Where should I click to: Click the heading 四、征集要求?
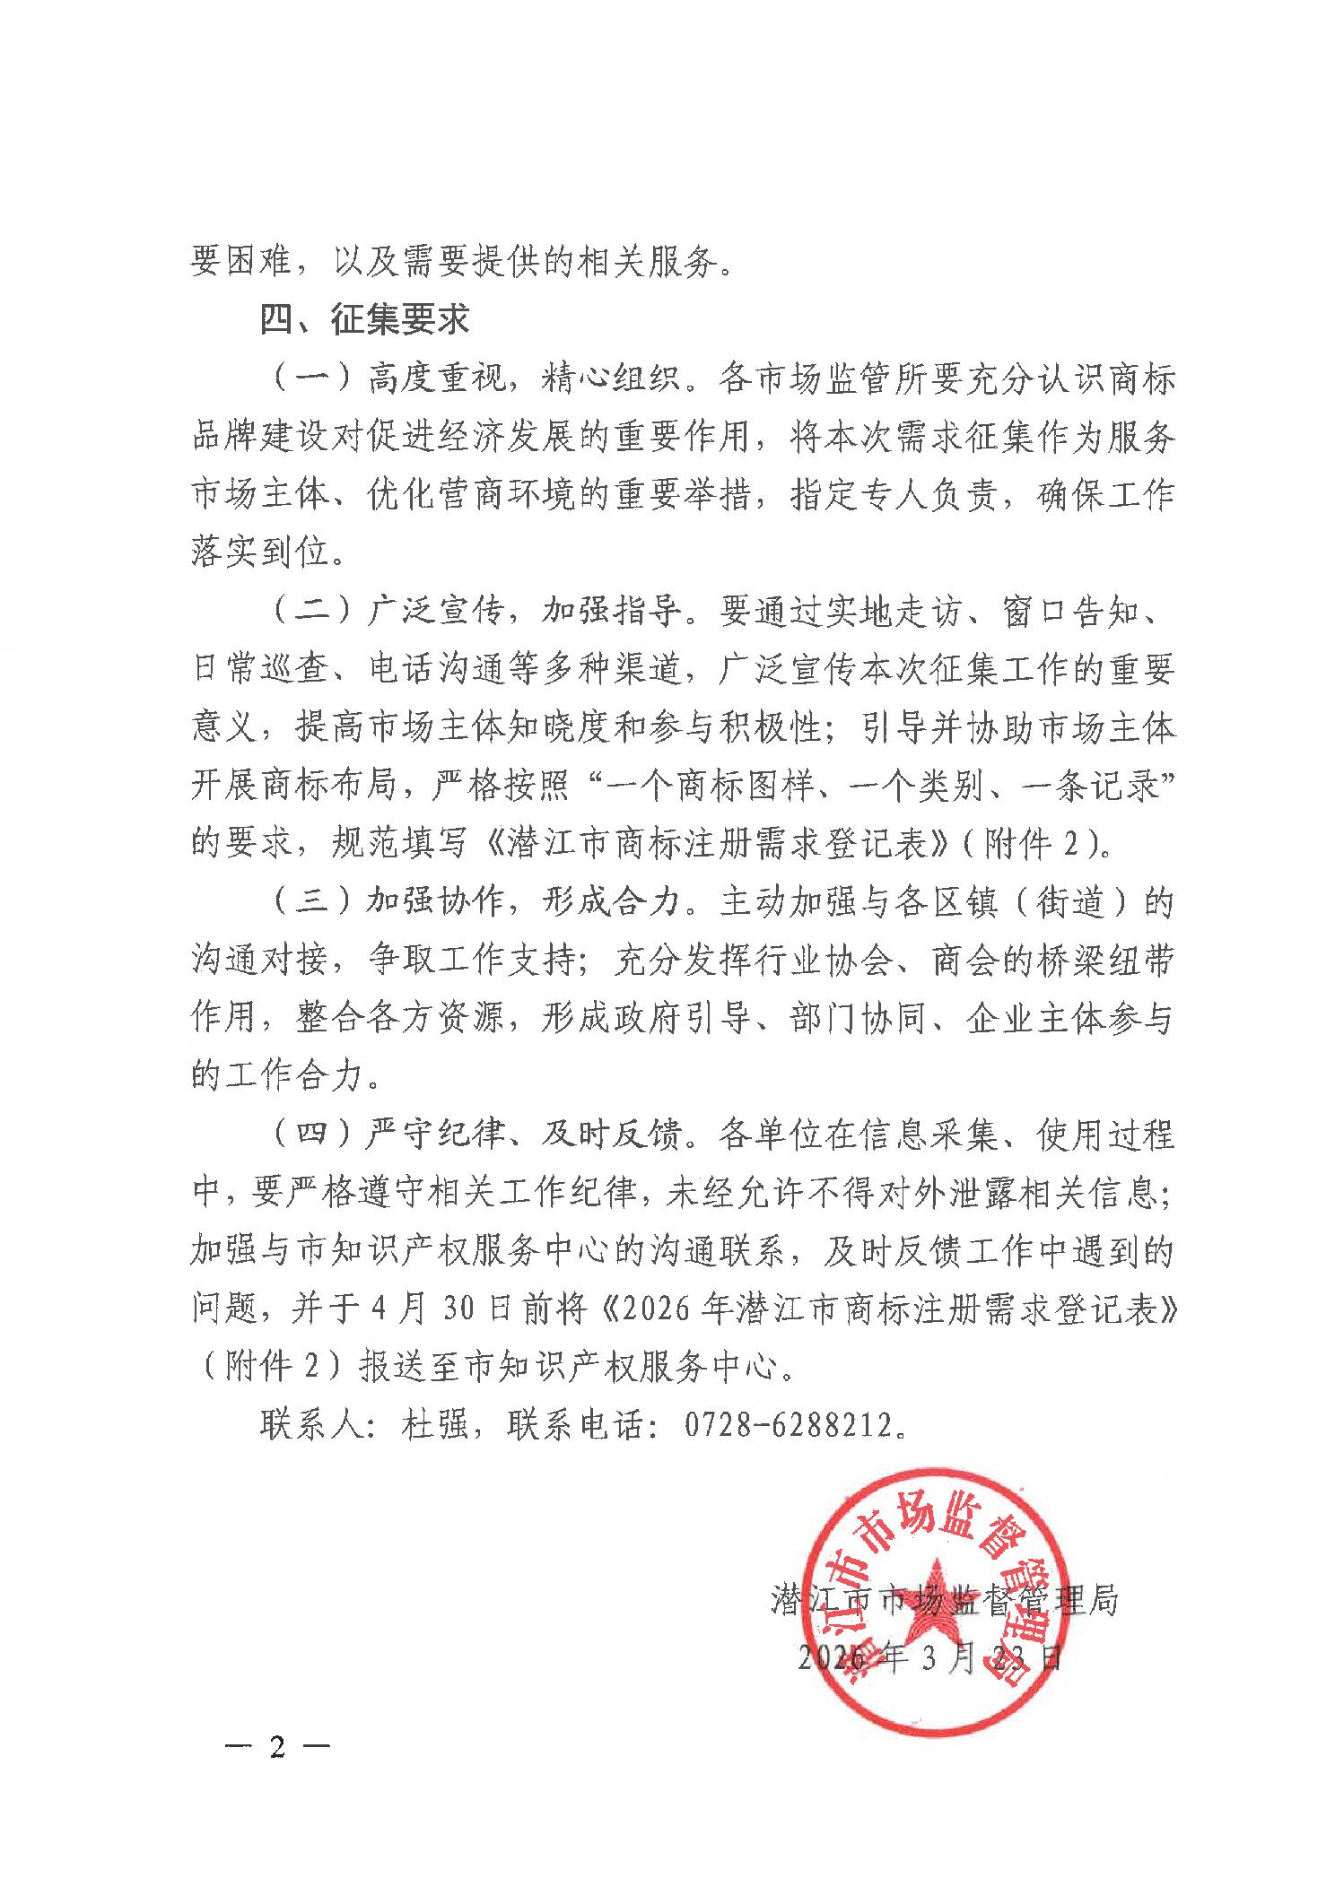(364, 318)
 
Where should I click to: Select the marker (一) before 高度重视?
(309, 379)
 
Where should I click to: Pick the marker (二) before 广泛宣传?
(309, 613)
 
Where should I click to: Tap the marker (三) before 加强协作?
(309, 903)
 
